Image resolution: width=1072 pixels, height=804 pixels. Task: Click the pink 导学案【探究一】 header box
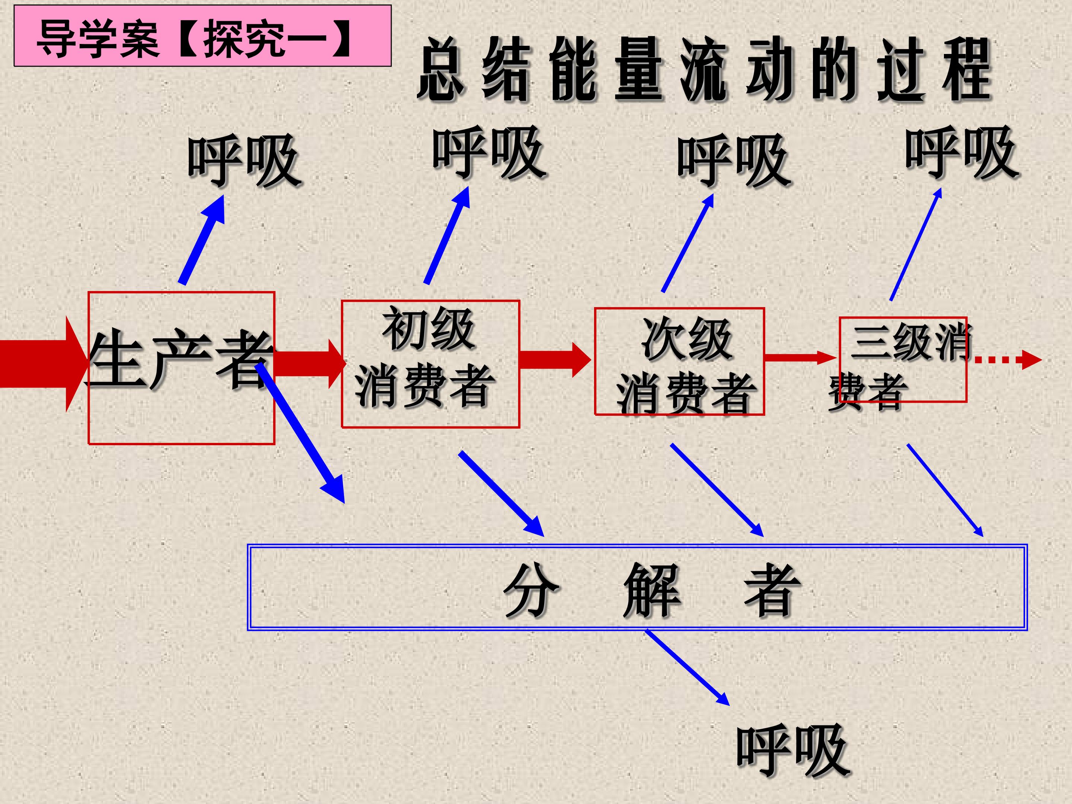coord(202,36)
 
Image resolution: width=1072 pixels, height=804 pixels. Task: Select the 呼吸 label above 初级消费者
coord(489,152)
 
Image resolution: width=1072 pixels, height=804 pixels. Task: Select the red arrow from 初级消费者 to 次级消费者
coord(555,360)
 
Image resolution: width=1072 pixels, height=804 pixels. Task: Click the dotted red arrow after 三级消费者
coord(1007,360)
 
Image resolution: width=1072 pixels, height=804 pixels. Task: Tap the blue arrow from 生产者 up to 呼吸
coord(202,239)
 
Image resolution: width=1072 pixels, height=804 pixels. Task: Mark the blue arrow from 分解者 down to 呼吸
coord(687,667)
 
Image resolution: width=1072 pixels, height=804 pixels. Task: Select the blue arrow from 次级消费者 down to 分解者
coord(717,490)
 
